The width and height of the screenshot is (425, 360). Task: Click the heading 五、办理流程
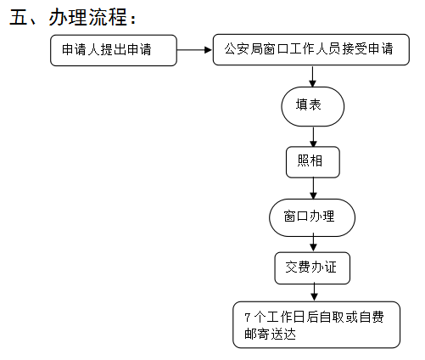[x=73, y=17]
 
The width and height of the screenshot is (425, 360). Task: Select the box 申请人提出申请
[x=114, y=50]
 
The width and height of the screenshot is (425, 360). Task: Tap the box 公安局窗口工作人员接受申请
[x=310, y=49]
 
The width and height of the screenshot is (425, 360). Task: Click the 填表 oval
[x=312, y=106]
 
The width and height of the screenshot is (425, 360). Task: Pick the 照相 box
[x=313, y=162]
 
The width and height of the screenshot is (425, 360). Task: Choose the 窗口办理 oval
[x=312, y=217]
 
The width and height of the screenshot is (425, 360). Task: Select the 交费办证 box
[x=312, y=268]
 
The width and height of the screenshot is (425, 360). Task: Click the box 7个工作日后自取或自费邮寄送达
[x=316, y=324]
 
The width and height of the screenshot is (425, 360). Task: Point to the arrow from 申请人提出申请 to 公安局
[x=194, y=50]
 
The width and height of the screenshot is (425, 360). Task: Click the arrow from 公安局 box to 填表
[x=312, y=76]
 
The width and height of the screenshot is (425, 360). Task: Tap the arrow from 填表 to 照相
[x=313, y=137]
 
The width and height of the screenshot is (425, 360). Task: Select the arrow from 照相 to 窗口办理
[x=313, y=188]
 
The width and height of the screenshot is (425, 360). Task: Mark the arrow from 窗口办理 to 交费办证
[x=313, y=243]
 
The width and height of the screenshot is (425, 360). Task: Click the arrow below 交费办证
[x=314, y=293]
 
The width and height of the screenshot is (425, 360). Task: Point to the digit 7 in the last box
[x=248, y=318]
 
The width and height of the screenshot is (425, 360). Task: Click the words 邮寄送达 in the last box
[x=270, y=334]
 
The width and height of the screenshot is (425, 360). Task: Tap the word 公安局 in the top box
[x=243, y=48]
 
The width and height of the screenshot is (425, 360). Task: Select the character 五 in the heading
[x=18, y=17]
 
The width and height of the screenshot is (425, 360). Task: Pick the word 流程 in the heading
[x=108, y=17]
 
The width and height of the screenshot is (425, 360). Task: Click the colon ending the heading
[x=133, y=20]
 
